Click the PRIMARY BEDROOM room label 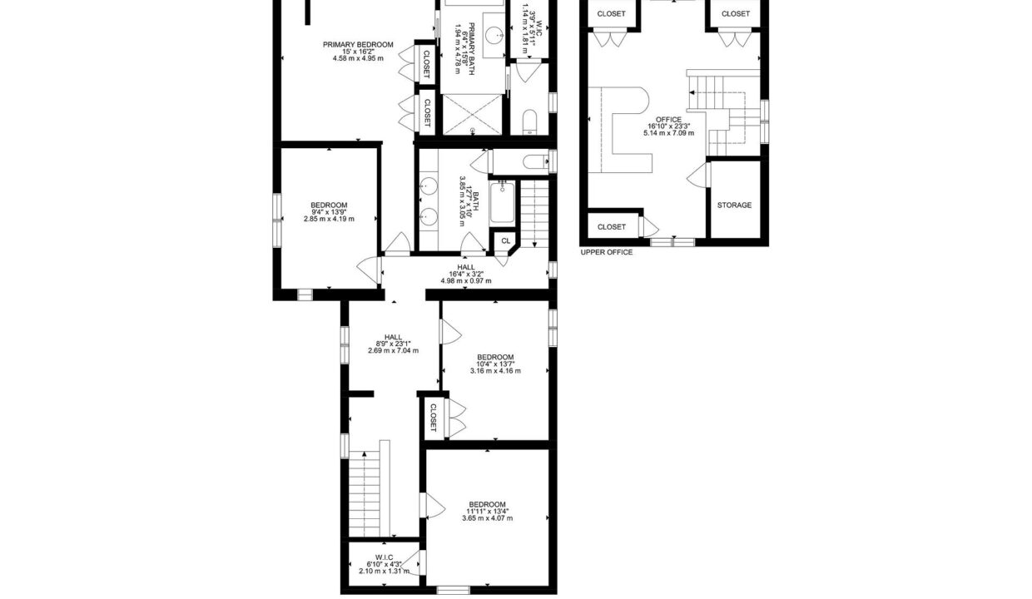point(358,45)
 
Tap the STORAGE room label point(734,205)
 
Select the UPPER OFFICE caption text point(606,252)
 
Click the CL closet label point(506,240)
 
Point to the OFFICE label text point(668,120)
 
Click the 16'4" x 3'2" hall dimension point(466,274)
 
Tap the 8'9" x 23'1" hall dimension point(394,344)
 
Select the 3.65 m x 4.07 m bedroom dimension point(488,518)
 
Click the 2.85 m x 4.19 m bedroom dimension point(329,219)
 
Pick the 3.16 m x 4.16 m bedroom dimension point(495,371)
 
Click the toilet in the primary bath point(530,122)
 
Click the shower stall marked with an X point(472,115)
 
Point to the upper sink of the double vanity point(429,186)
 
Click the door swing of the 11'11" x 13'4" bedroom point(435,507)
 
